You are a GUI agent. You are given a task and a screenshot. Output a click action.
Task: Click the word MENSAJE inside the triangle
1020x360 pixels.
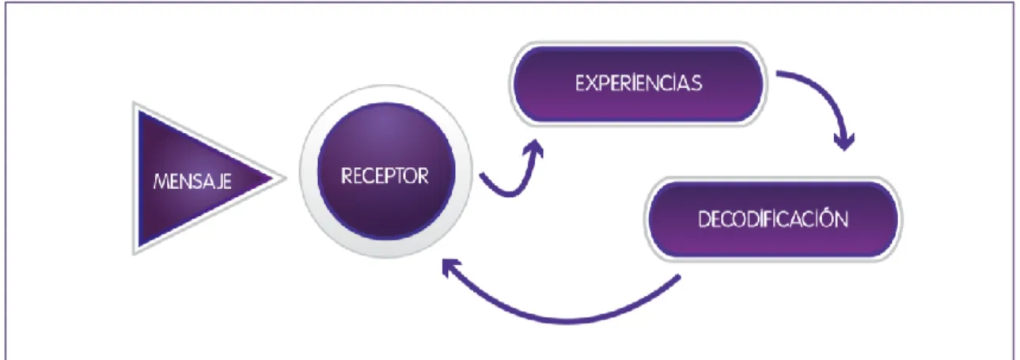(x=192, y=182)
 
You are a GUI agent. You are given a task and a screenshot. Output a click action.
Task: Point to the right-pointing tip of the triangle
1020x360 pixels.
(x=286, y=178)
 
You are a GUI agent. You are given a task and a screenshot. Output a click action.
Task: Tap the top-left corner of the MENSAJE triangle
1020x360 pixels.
(x=134, y=103)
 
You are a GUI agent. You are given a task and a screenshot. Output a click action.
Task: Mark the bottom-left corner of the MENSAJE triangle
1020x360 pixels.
(x=134, y=253)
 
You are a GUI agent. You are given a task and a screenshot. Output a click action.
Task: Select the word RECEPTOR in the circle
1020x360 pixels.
(x=385, y=176)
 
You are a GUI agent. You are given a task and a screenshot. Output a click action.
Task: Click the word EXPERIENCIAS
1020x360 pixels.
(x=639, y=83)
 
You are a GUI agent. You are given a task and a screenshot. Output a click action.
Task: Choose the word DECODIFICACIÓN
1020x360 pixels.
(x=773, y=219)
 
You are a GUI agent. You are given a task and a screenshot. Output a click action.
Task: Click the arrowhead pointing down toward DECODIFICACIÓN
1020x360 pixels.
(x=844, y=142)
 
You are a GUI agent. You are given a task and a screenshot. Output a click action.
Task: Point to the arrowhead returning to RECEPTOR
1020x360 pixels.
(x=451, y=267)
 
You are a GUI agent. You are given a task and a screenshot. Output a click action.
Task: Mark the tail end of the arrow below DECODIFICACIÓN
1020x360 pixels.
(x=679, y=277)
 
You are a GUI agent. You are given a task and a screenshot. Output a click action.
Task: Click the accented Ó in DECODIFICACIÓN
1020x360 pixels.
(x=825, y=218)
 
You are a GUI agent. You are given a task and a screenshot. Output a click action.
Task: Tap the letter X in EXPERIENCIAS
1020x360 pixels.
(x=593, y=84)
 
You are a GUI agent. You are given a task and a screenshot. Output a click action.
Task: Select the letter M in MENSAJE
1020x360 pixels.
(x=162, y=182)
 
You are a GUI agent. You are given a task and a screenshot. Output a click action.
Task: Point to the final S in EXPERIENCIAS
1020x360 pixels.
(x=696, y=84)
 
